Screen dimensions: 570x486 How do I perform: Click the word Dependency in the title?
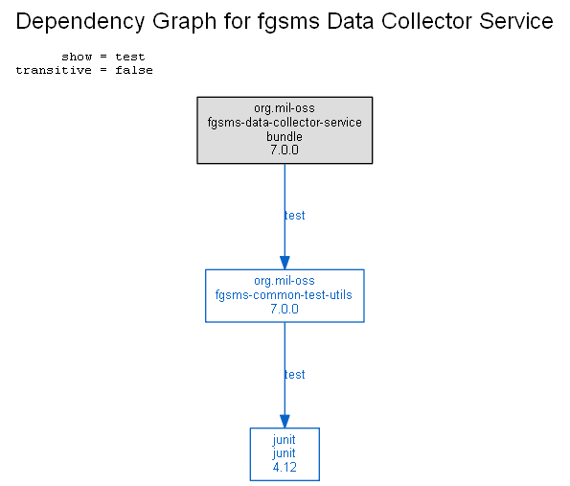80,21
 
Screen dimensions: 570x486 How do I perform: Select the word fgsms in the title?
288,21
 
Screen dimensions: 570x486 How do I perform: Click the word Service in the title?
516,21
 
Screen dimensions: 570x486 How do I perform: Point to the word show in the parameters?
77,57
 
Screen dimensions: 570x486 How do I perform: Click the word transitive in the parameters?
54,70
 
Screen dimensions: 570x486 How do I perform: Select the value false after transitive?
134,70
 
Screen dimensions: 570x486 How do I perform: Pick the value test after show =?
130,57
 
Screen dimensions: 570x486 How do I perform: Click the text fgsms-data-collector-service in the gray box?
285,123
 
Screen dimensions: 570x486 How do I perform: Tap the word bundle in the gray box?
285,136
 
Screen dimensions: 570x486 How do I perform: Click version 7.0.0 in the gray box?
285,150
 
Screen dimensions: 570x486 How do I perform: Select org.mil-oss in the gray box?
285,108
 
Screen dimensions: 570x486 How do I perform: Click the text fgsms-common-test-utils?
284,294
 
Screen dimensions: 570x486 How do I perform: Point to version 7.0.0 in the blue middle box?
285,309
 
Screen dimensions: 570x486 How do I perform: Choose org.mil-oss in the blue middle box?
285,281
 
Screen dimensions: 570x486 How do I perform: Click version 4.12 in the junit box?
285,467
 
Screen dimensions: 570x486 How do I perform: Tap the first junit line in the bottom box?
284,440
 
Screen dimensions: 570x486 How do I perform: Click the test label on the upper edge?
294,216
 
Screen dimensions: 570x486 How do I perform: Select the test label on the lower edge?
294,375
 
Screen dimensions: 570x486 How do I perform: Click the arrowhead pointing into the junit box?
285,421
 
